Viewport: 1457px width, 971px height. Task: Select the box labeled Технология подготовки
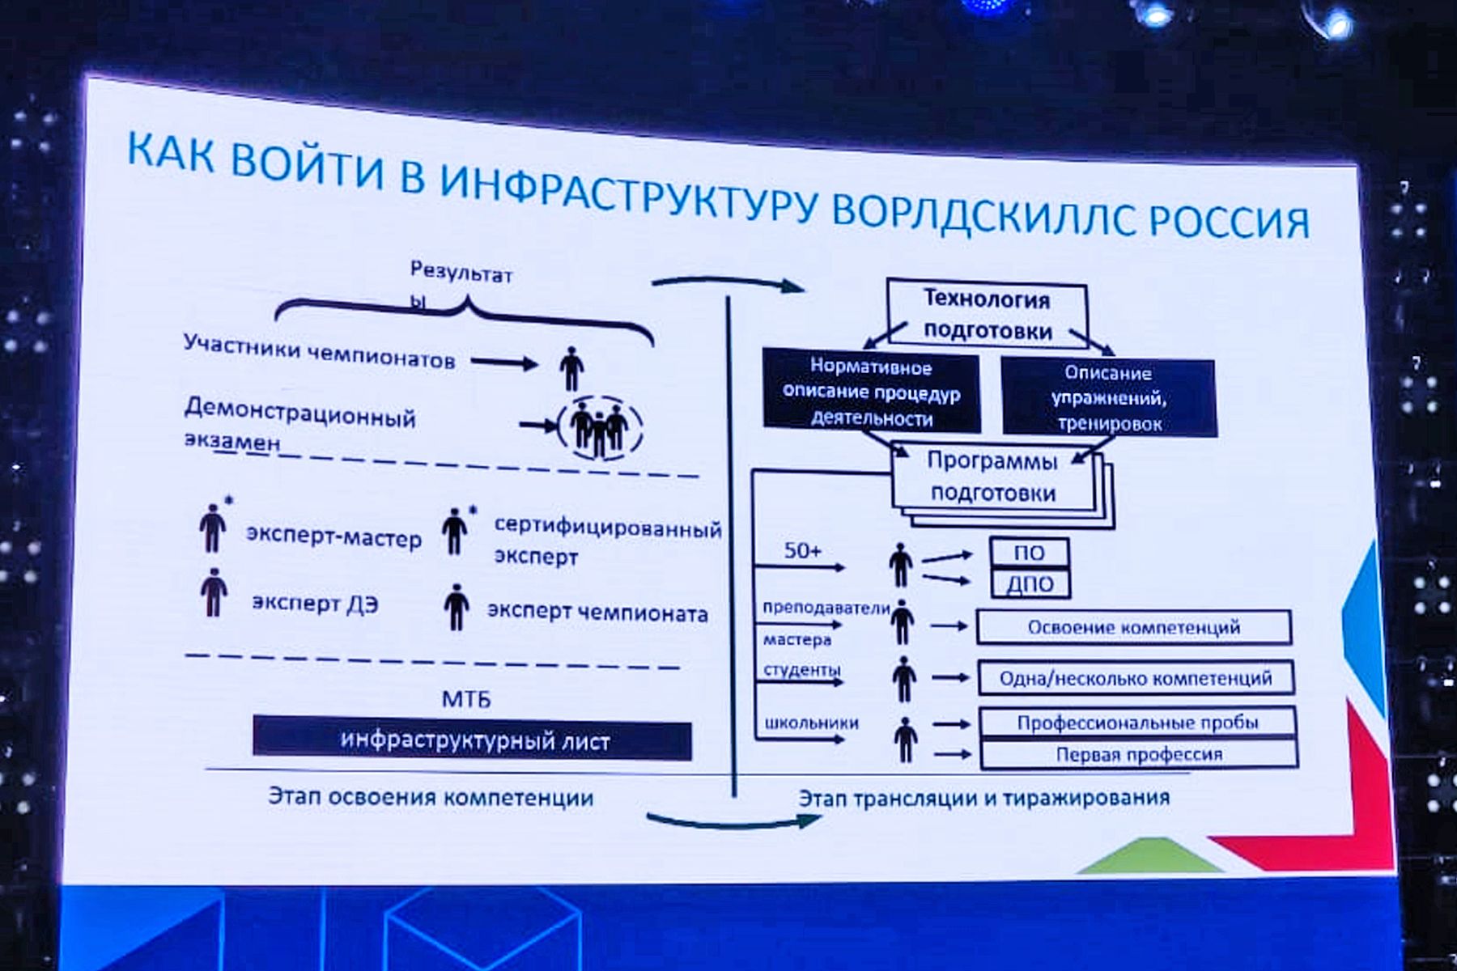(x=987, y=315)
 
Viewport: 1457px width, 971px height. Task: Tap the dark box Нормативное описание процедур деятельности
(x=871, y=392)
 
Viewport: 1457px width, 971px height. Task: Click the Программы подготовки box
(x=993, y=477)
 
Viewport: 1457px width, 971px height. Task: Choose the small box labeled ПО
(x=1029, y=553)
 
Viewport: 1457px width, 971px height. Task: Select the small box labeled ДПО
(x=1030, y=583)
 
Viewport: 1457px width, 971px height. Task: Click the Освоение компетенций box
(x=1133, y=627)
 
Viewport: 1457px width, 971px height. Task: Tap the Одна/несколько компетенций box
(x=1135, y=678)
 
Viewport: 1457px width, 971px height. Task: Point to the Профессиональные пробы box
(x=1137, y=723)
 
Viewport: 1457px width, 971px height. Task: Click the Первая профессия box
(x=1138, y=754)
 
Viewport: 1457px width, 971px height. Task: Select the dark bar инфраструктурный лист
(x=473, y=740)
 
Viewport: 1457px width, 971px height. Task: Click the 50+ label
(x=802, y=551)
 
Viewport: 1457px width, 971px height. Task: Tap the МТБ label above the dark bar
(x=466, y=698)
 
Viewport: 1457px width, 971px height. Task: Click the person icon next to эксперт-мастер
(x=213, y=528)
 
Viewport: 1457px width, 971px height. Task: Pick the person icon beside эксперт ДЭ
(x=214, y=592)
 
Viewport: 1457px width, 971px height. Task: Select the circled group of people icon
(x=600, y=427)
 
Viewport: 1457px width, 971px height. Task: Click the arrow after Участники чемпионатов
(x=504, y=363)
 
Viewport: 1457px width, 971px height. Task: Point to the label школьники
(x=811, y=723)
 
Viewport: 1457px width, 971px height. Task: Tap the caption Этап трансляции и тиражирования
(x=983, y=798)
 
